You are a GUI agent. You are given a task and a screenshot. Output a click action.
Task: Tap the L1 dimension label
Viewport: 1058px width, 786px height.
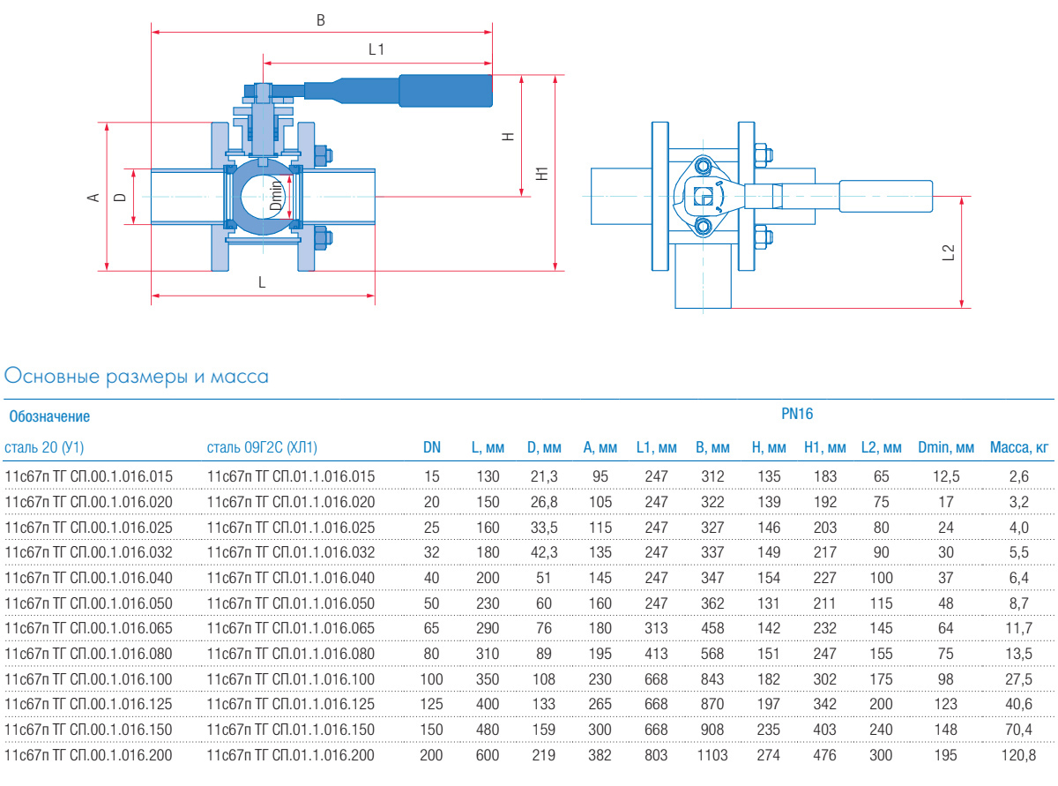click(x=376, y=50)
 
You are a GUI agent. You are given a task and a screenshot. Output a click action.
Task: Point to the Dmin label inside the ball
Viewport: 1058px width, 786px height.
click(x=276, y=195)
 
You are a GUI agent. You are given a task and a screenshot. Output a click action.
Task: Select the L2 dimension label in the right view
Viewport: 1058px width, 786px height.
click(x=949, y=252)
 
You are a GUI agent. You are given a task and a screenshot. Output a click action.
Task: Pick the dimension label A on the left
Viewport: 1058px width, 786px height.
click(x=92, y=198)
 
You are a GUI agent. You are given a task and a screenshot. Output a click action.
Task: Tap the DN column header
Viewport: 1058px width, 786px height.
click(x=432, y=448)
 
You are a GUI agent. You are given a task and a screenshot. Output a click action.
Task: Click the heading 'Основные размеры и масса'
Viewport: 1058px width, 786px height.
click(x=137, y=377)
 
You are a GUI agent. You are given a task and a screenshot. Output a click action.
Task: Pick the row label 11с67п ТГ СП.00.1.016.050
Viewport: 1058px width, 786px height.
click(x=89, y=603)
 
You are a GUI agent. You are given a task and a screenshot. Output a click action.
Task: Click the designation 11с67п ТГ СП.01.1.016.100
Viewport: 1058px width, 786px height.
click(x=291, y=679)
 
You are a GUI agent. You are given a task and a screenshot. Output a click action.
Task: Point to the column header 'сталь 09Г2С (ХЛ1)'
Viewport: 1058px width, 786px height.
click(x=262, y=448)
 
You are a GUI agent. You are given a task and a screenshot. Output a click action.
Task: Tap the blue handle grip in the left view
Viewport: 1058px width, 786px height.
click(x=445, y=91)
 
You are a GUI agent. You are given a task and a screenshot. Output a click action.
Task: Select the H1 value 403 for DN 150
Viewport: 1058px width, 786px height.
click(x=825, y=730)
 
